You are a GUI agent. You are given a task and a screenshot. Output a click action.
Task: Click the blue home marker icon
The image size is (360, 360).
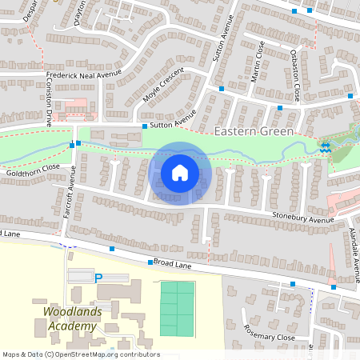point(180,172)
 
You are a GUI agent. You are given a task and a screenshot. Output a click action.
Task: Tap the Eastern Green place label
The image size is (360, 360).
point(254,130)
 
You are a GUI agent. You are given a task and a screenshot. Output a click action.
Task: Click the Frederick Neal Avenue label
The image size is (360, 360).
point(82,74)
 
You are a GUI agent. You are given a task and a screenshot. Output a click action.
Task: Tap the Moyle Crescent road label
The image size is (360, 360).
point(163,90)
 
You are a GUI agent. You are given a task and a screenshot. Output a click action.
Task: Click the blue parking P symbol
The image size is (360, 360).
point(98,278)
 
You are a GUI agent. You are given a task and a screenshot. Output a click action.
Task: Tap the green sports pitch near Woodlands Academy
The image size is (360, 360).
point(177,308)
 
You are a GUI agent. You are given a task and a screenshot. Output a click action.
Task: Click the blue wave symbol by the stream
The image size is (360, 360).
point(325,147)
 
